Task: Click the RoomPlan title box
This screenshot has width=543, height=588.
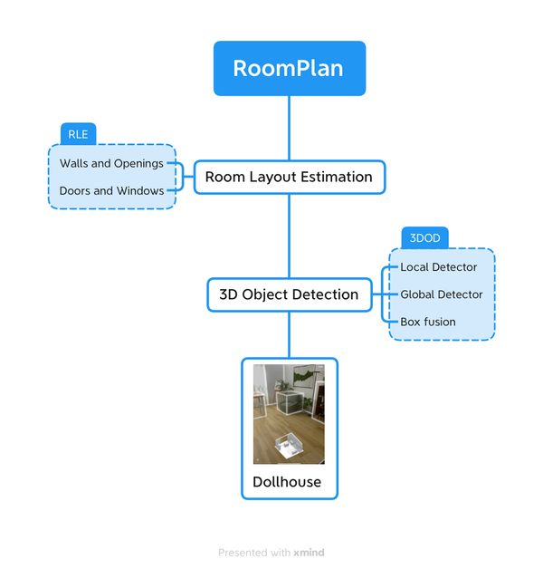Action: coord(289,68)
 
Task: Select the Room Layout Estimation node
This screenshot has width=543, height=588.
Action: coord(289,177)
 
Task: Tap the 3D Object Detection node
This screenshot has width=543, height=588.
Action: coord(289,294)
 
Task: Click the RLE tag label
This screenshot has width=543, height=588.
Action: coord(78,134)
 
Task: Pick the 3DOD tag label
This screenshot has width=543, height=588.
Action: coord(424,238)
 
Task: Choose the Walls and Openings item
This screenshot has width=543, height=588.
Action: coord(111,164)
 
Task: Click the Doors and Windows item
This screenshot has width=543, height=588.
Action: coord(111,191)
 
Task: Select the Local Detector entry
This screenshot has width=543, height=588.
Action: coord(438,267)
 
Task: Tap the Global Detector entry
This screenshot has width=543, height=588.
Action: coord(442,294)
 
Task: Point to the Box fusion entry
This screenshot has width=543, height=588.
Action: coord(428,322)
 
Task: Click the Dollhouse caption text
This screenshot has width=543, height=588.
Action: coord(287,482)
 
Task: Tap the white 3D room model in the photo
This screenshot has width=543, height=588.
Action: coord(291,446)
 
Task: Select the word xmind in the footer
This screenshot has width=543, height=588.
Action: coord(309,553)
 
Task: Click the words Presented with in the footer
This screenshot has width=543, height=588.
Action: coord(254,553)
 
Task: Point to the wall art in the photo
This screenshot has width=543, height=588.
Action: coord(307,375)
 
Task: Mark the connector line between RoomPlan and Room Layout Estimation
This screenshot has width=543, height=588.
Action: coord(290,128)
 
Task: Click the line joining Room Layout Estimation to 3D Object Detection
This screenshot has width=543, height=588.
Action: coord(290,236)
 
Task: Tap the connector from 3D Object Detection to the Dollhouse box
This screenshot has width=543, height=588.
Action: coord(290,334)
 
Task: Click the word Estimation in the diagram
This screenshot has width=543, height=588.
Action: coord(336,177)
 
